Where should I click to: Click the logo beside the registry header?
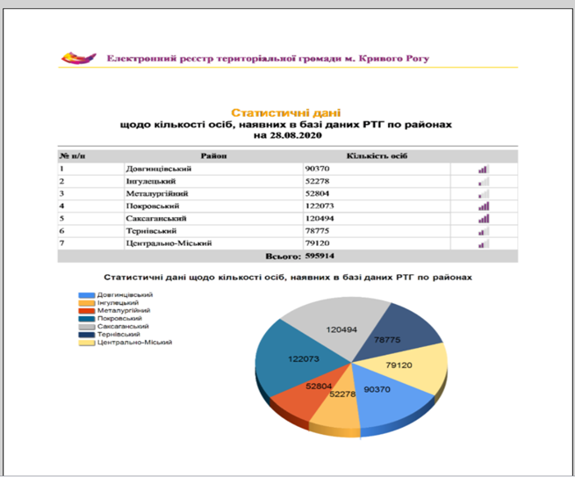78,58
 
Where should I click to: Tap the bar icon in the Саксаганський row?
483,218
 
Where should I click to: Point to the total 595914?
320,256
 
